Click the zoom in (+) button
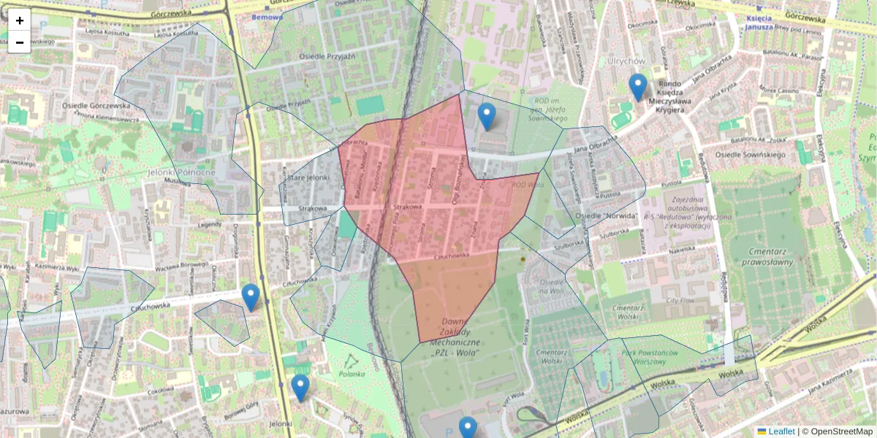(20, 20)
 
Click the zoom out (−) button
(20, 42)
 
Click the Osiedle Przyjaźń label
(327, 56)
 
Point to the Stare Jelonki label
(308, 177)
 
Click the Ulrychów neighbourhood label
(626, 61)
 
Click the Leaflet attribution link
(781, 431)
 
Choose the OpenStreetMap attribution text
(841, 431)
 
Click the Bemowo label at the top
(265, 16)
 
